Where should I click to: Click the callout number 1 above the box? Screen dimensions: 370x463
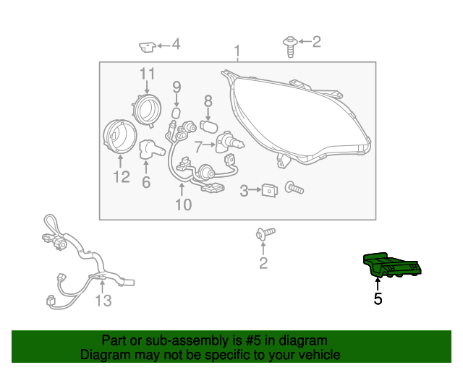[237, 51]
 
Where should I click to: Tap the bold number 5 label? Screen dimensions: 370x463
[378, 297]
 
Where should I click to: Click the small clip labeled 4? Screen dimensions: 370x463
[147, 47]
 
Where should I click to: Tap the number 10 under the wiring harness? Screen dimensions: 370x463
[183, 205]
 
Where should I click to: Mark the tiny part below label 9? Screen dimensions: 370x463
[176, 114]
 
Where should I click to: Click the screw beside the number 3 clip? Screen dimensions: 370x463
[295, 189]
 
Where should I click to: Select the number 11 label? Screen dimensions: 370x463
[147, 74]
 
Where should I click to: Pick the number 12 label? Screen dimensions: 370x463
[120, 176]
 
